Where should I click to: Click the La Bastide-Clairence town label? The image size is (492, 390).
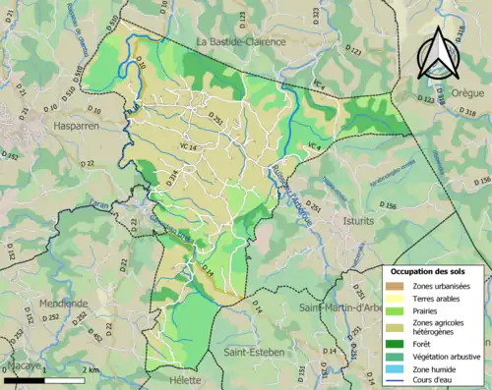[x=240, y=42]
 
